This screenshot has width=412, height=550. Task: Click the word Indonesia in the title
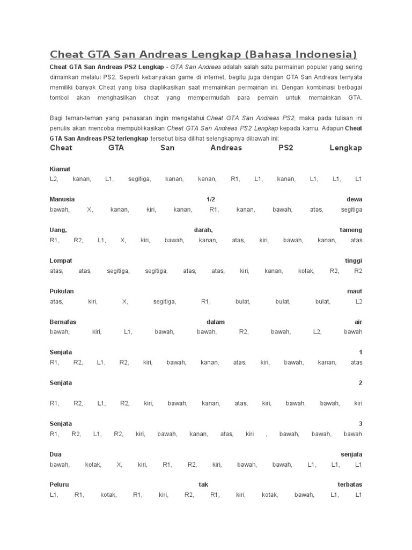(322, 54)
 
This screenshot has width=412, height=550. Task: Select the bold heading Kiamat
(60, 169)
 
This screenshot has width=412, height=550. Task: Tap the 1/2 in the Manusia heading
(210, 199)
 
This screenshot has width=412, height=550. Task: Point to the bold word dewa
(354, 199)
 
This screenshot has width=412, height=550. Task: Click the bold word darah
(203, 230)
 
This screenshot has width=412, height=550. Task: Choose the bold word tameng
(351, 230)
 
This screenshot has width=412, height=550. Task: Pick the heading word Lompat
(61, 260)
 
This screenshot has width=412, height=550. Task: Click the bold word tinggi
(354, 260)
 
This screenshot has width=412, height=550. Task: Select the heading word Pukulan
(62, 291)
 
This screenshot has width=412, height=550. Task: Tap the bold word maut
(355, 291)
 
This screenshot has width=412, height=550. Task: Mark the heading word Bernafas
(63, 322)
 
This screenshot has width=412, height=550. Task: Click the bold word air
(358, 322)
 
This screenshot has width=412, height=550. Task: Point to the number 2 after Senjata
(360, 383)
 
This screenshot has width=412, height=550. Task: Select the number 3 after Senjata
(360, 424)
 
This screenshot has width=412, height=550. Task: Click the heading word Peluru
(59, 484)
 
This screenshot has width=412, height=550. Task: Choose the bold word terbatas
(350, 484)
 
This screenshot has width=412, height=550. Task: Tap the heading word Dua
(55, 454)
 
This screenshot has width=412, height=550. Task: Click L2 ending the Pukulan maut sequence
(358, 302)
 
